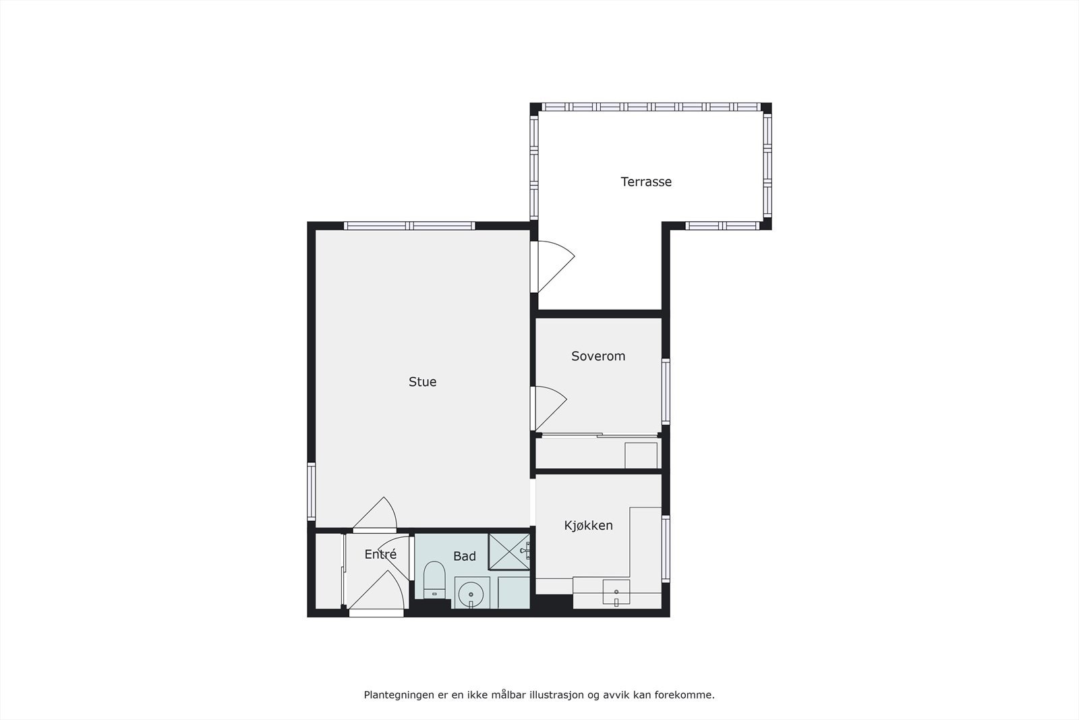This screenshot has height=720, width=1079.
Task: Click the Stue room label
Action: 422,382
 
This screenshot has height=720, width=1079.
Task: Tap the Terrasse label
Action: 646,182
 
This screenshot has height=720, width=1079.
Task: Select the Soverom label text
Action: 598,356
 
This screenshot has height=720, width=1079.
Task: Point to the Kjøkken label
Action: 588,526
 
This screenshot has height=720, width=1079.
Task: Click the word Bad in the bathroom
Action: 464,557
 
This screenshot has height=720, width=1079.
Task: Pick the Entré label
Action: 380,555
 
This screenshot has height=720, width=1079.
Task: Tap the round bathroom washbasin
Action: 471,594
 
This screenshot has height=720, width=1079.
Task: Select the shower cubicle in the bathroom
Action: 508,551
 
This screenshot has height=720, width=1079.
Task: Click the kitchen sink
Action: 616,592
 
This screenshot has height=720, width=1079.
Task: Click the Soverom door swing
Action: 549,408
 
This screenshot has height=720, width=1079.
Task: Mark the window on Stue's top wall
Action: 409,226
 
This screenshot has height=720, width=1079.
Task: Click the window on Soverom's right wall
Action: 666,391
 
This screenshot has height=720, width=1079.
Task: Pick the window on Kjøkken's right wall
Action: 666,548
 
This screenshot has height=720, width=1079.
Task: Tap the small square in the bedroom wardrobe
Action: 641,455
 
